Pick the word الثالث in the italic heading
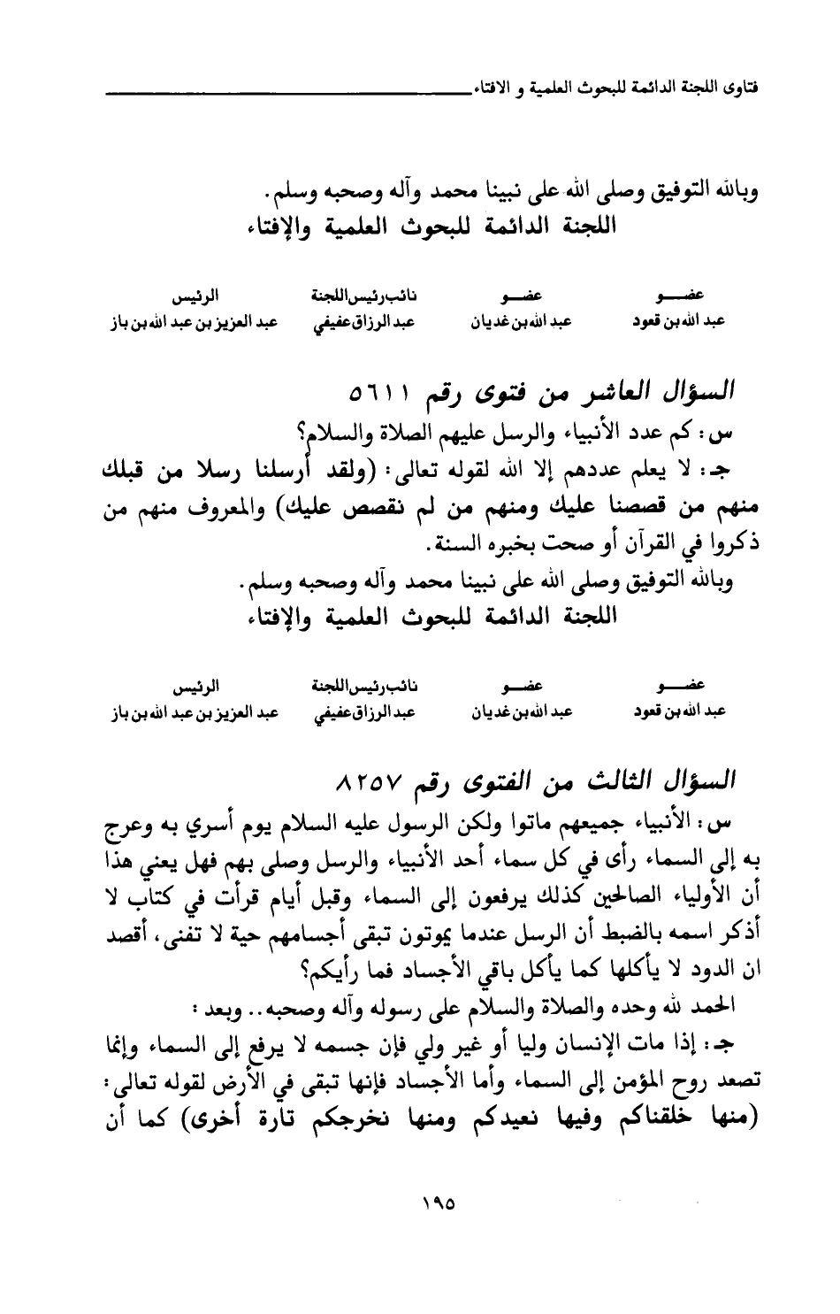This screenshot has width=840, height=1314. pos(622,784)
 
